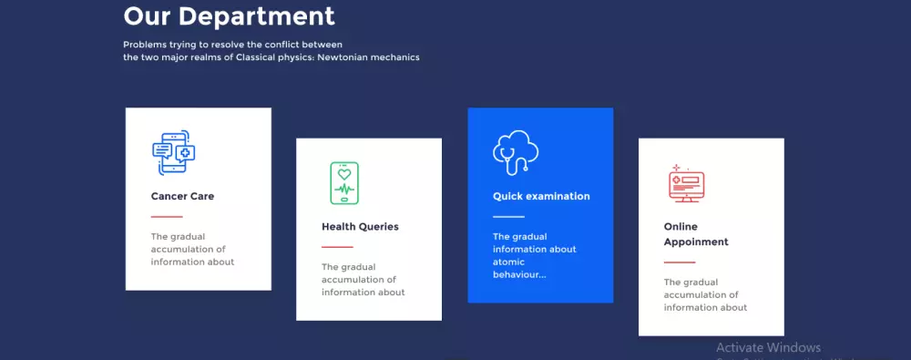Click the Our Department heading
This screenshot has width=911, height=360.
click(229, 16)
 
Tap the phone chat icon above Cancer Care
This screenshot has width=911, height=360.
click(173, 152)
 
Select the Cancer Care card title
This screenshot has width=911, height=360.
click(182, 196)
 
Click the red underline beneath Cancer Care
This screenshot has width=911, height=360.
click(167, 217)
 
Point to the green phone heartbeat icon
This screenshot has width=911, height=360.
click(344, 183)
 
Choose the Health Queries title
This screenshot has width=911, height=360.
click(360, 227)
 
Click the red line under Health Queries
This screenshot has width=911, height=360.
click(338, 247)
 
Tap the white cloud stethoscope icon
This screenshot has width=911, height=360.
click(516, 152)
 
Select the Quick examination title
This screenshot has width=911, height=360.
click(541, 196)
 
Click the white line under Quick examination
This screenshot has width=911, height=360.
click(509, 217)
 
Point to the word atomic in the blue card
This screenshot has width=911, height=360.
click(509, 262)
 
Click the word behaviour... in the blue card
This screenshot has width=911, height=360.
click(519, 274)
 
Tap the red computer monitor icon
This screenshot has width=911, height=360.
click(686, 183)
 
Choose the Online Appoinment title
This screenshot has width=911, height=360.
click(696, 234)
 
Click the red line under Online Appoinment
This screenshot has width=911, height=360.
click(680, 262)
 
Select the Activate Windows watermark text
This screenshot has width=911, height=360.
click(768, 348)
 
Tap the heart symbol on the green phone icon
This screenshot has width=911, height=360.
click(344, 173)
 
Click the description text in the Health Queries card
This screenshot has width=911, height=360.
click(363, 280)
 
